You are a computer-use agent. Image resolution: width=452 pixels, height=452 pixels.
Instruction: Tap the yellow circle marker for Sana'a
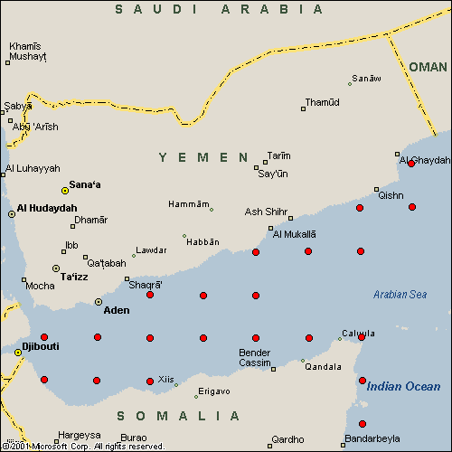coord(65,191)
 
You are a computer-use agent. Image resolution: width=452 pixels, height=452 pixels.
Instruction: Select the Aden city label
coord(117,310)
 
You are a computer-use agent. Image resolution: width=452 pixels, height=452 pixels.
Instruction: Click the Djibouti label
coord(40,345)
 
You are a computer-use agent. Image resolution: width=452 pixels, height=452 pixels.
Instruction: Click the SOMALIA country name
coord(179,416)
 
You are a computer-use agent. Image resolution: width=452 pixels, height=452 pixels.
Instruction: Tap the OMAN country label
coord(428,67)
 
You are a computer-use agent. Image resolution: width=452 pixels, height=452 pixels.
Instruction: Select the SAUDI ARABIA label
coord(219,9)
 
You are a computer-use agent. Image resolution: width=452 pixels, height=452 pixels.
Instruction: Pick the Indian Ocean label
coord(403,387)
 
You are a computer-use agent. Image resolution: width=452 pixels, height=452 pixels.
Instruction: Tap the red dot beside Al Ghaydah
coord(411,164)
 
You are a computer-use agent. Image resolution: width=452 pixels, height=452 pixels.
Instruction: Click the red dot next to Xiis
coord(150,381)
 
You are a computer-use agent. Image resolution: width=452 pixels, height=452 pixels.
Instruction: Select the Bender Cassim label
coord(254,358)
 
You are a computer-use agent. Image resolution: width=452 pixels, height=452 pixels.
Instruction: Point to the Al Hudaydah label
coord(47,208)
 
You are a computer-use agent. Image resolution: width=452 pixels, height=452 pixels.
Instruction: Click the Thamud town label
coord(322,102)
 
